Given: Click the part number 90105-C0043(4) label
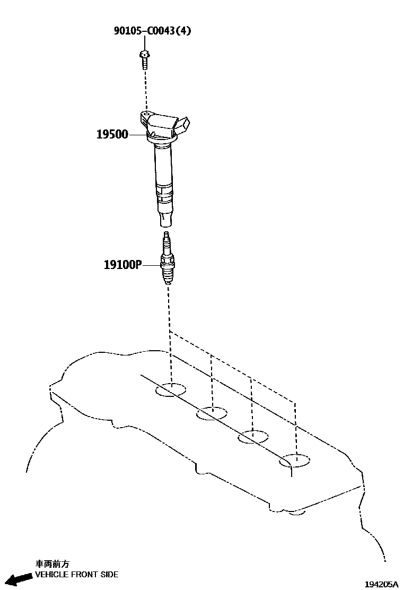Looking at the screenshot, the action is tap(152, 31).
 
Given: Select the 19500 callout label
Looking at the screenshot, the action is tap(112, 135).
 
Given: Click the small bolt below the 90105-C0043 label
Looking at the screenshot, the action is tap(144, 59).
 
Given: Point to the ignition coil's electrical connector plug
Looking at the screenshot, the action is tap(181, 125).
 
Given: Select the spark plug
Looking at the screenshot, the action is tap(168, 263).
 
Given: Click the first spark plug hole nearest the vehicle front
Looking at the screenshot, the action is tap(171, 390).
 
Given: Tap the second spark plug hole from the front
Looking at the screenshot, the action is tap(212, 413).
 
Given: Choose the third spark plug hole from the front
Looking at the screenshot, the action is tap(253, 437).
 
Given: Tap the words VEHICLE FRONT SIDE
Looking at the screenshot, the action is tap(77, 575).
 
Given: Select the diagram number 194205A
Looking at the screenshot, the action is tap(380, 584).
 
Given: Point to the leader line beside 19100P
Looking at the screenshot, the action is tap(150, 264).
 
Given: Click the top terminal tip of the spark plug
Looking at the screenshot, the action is tap(167, 235).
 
